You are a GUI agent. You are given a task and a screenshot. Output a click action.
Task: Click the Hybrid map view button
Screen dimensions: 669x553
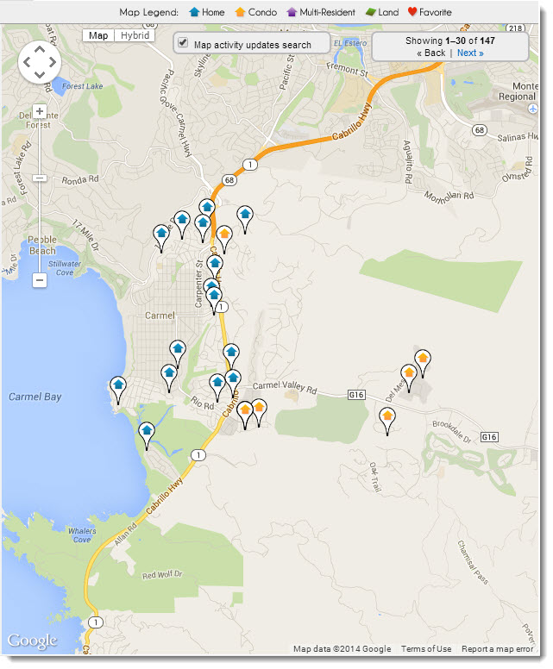pyautogui.click(x=134, y=35)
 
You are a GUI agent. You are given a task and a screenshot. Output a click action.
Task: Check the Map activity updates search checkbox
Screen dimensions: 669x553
pyautogui.click(x=183, y=43)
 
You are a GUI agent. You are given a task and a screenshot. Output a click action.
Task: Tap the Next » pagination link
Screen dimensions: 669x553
pyautogui.click(x=470, y=53)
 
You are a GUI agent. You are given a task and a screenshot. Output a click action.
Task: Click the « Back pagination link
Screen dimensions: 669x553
pyautogui.click(x=430, y=53)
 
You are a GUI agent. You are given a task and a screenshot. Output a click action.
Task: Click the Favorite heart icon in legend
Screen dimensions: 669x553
pyautogui.click(x=412, y=12)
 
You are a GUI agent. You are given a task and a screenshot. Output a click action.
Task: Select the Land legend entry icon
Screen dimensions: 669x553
pyautogui.click(x=370, y=12)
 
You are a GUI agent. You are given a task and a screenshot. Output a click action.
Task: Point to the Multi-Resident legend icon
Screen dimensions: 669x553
pyautogui.click(x=292, y=12)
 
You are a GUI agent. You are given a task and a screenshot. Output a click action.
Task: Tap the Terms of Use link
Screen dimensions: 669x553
pyautogui.click(x=425, y=649)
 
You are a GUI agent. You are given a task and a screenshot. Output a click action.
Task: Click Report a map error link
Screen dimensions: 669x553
pyautogui.click(x=497, y=649)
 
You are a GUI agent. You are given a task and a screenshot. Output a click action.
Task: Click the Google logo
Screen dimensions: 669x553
pyautogui.click(x=32, y=641)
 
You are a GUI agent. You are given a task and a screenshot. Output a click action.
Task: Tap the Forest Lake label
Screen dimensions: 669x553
pyautogui.click(x=84, y=85)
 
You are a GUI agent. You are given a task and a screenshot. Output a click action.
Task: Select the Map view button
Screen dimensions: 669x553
pyautogui.click(x=98, y=35)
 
